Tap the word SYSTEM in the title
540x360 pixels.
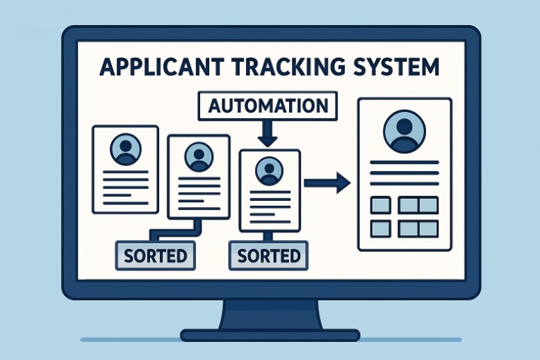click(x=400, y=67)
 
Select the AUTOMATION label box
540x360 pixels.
click(x=268, y=106)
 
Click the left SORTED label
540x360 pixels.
click(x=155, y=255)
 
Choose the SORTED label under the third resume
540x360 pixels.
click(x=269, y=255)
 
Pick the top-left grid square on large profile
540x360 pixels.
click(x=380, y=205)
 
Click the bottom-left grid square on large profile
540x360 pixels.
click(x=380, y=228)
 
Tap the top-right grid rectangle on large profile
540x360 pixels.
click(x=418, y=205)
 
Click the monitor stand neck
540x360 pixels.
click(x=270, y=315)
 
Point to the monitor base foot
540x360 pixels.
click(x=270, y=335)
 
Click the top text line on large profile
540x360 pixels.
click(x=404, y=163)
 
